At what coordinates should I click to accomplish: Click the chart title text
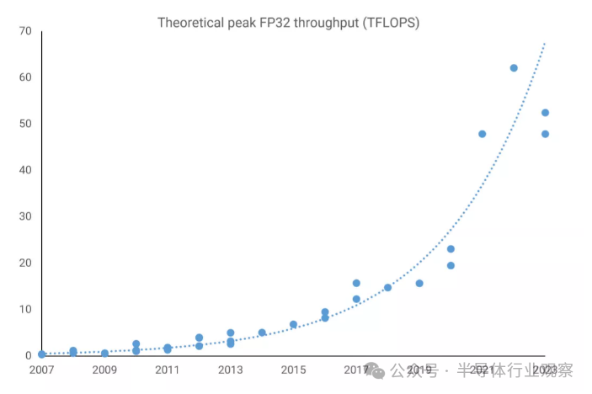click(288, 23)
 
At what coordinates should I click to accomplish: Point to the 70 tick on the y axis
click(25, 31)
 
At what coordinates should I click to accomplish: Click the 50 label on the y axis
click(25, 124)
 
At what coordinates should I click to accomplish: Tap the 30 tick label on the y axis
click(25, 216)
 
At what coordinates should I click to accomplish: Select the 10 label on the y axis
click(25, 309)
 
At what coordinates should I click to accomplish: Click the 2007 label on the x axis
click(41, 370)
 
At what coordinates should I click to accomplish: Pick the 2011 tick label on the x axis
click(167, 370)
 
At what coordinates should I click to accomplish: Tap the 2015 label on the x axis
click(293, 370)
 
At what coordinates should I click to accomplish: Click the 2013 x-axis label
click(230, 370)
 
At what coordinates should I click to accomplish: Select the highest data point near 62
click(514, 68)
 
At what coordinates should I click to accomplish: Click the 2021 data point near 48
click(483, 134)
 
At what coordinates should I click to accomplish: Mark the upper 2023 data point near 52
click(545, 113)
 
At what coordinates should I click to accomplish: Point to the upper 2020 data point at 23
click(451, 249)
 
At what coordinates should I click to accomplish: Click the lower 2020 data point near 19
click(451, 266)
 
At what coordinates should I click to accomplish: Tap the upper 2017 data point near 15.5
click(356, 283)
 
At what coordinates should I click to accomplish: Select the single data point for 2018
click(387, 288)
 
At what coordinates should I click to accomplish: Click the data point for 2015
click(293, 324)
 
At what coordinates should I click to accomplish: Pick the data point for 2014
click(262, 333)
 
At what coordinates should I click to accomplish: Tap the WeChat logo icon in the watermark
click(381, 370)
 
